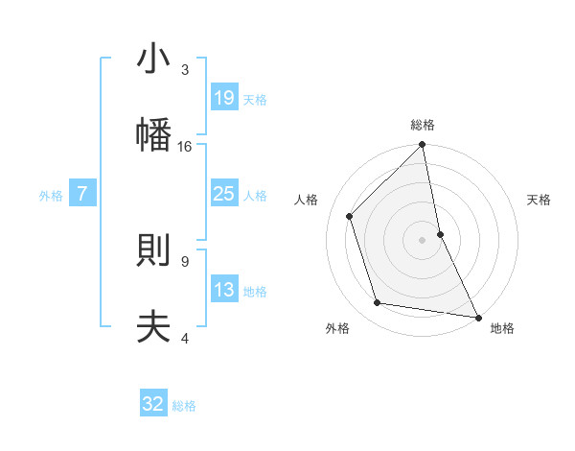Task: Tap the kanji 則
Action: [153, 249]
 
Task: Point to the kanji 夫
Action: [153, 327]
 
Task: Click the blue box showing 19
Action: [223, 98]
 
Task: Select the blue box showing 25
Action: [223, 194]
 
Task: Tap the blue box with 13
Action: [223, 290]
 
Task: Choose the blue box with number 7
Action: [82, 194]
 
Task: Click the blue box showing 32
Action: [153, 404]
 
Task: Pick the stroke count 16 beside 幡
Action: [185, 147]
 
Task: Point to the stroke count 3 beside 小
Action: [185, 70]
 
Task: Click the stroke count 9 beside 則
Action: [185, 261]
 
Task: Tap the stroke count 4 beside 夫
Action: [185, 338]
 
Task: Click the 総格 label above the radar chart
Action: [423, 126]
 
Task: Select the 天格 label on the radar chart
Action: [540, 201]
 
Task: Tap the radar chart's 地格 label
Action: [502, 329]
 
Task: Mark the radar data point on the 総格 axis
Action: [423, 146]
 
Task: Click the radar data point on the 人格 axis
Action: [350, 216]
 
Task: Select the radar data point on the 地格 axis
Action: [477, 316]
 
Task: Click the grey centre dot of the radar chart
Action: [423, 240]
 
